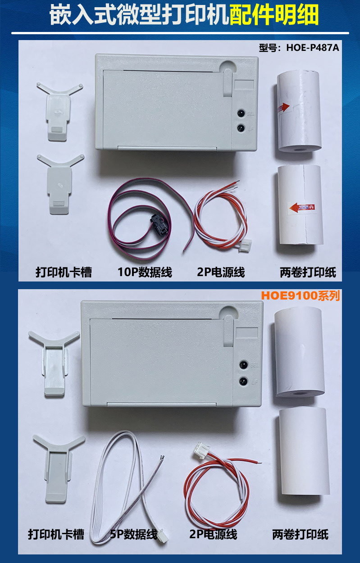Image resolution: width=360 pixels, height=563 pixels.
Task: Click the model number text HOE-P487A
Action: (313, 47)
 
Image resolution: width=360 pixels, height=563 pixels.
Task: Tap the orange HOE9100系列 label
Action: (301, 295)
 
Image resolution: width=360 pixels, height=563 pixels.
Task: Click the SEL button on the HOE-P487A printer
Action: (242, 113)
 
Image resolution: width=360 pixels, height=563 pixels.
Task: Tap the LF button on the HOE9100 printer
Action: (243, 381)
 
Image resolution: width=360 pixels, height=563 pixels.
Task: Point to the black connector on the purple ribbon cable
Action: (159, 222)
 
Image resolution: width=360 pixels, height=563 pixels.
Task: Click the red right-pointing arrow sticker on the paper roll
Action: (283, 107)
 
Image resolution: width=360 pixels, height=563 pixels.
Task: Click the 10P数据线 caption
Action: (145, 272)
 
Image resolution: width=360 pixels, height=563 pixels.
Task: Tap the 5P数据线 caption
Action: (133, 535)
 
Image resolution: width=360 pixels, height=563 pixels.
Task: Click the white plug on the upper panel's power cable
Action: (246, 243)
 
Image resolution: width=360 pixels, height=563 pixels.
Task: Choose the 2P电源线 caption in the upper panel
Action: (221, 272)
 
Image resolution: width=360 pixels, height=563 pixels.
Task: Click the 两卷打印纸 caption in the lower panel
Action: (301, 535)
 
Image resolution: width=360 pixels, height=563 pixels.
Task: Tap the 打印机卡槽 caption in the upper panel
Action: (64, 272)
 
